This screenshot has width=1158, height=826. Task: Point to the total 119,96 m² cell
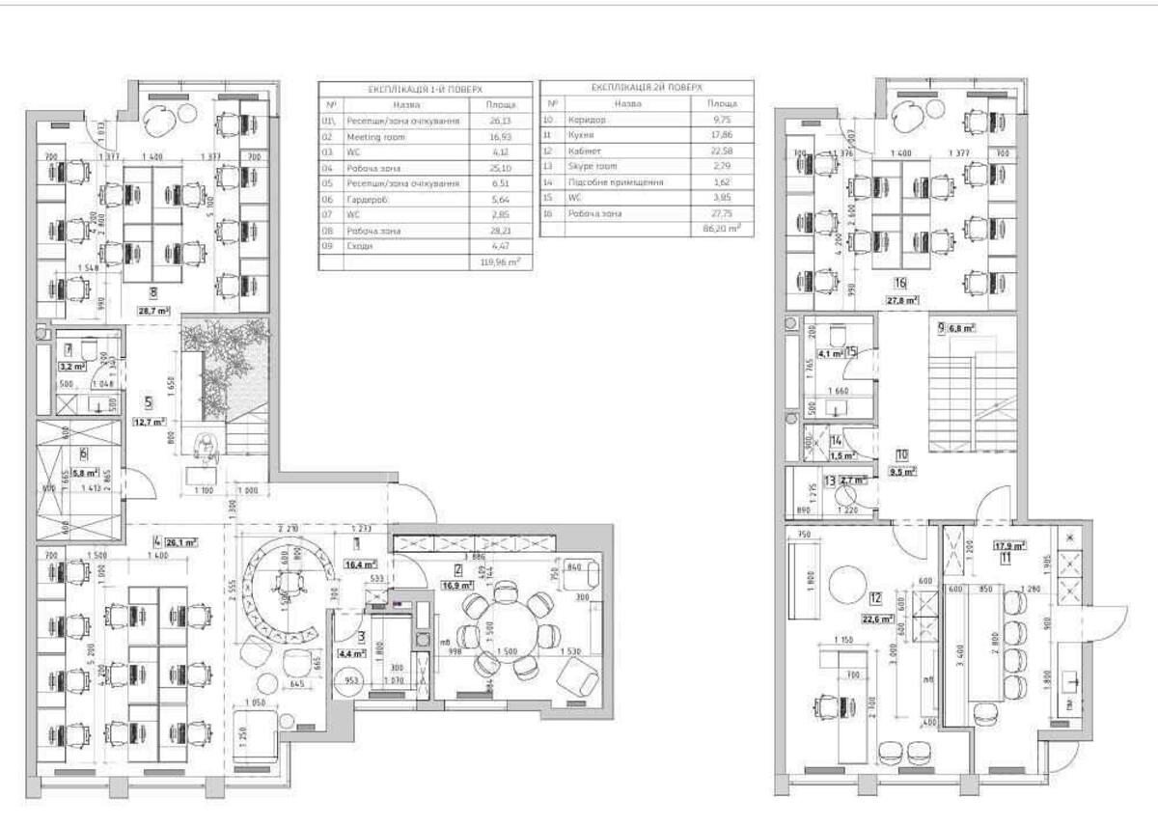click(x=500, y=261)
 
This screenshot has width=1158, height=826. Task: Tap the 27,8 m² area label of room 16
click(x=900, y=300)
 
